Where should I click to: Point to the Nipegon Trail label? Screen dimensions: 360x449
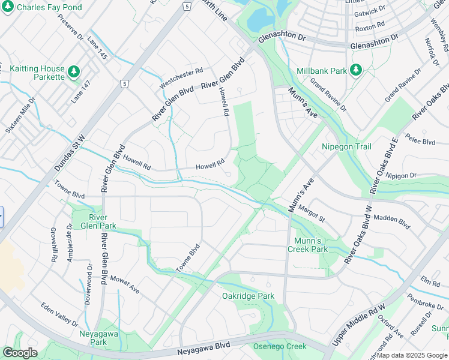point(346,147)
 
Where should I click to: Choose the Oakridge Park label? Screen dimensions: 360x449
point(248,296)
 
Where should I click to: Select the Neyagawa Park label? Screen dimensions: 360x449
point(93,338)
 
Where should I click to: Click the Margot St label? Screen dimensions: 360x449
point(312,214)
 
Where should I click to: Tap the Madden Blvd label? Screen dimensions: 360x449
point(391,222)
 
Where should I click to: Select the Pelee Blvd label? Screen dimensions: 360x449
point(421,142)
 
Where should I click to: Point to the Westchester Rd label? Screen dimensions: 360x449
point(181,78)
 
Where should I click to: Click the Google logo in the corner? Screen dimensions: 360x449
point(20,353)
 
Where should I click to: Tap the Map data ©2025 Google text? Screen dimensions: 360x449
point(412,355)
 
